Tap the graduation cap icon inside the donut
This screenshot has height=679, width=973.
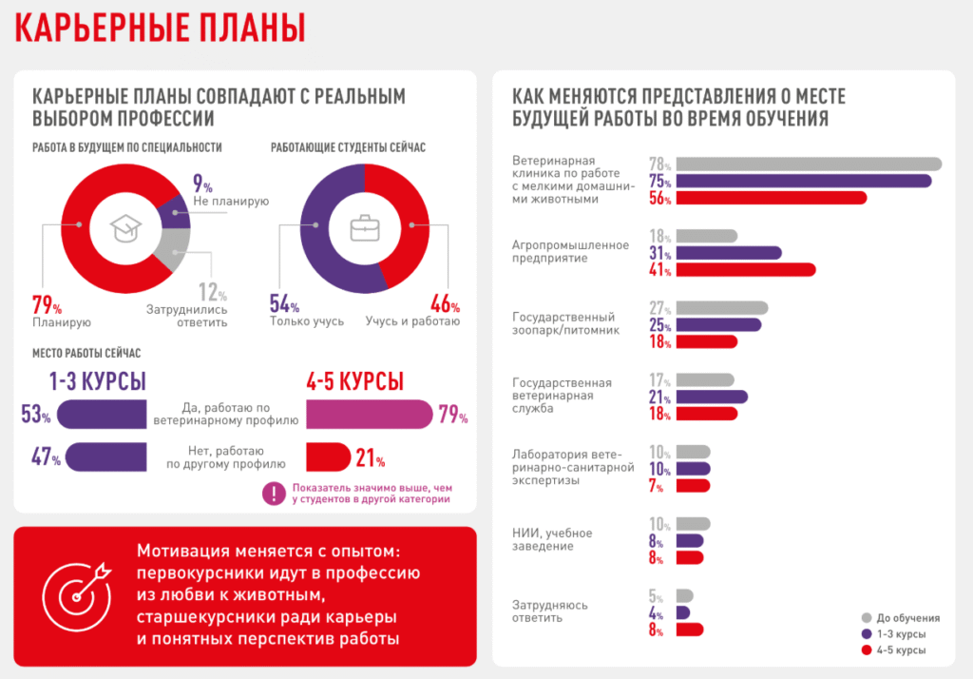(125, 228)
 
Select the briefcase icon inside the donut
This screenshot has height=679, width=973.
(364, 228)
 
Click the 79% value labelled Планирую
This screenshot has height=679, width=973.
(47, 306)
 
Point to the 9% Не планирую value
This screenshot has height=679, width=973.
(202, 183)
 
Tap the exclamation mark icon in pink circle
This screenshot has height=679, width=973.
(275, 493)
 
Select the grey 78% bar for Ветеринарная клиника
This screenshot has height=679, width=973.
(809, 164)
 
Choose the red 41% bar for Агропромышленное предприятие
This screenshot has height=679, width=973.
(745, 270)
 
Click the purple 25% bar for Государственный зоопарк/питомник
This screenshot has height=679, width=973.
(718, 325)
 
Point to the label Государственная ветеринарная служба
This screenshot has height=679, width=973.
(562, 396)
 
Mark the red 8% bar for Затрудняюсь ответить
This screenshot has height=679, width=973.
(690, 630)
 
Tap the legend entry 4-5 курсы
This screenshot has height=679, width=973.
(901, 650)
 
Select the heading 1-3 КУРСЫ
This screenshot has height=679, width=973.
(98, 382)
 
